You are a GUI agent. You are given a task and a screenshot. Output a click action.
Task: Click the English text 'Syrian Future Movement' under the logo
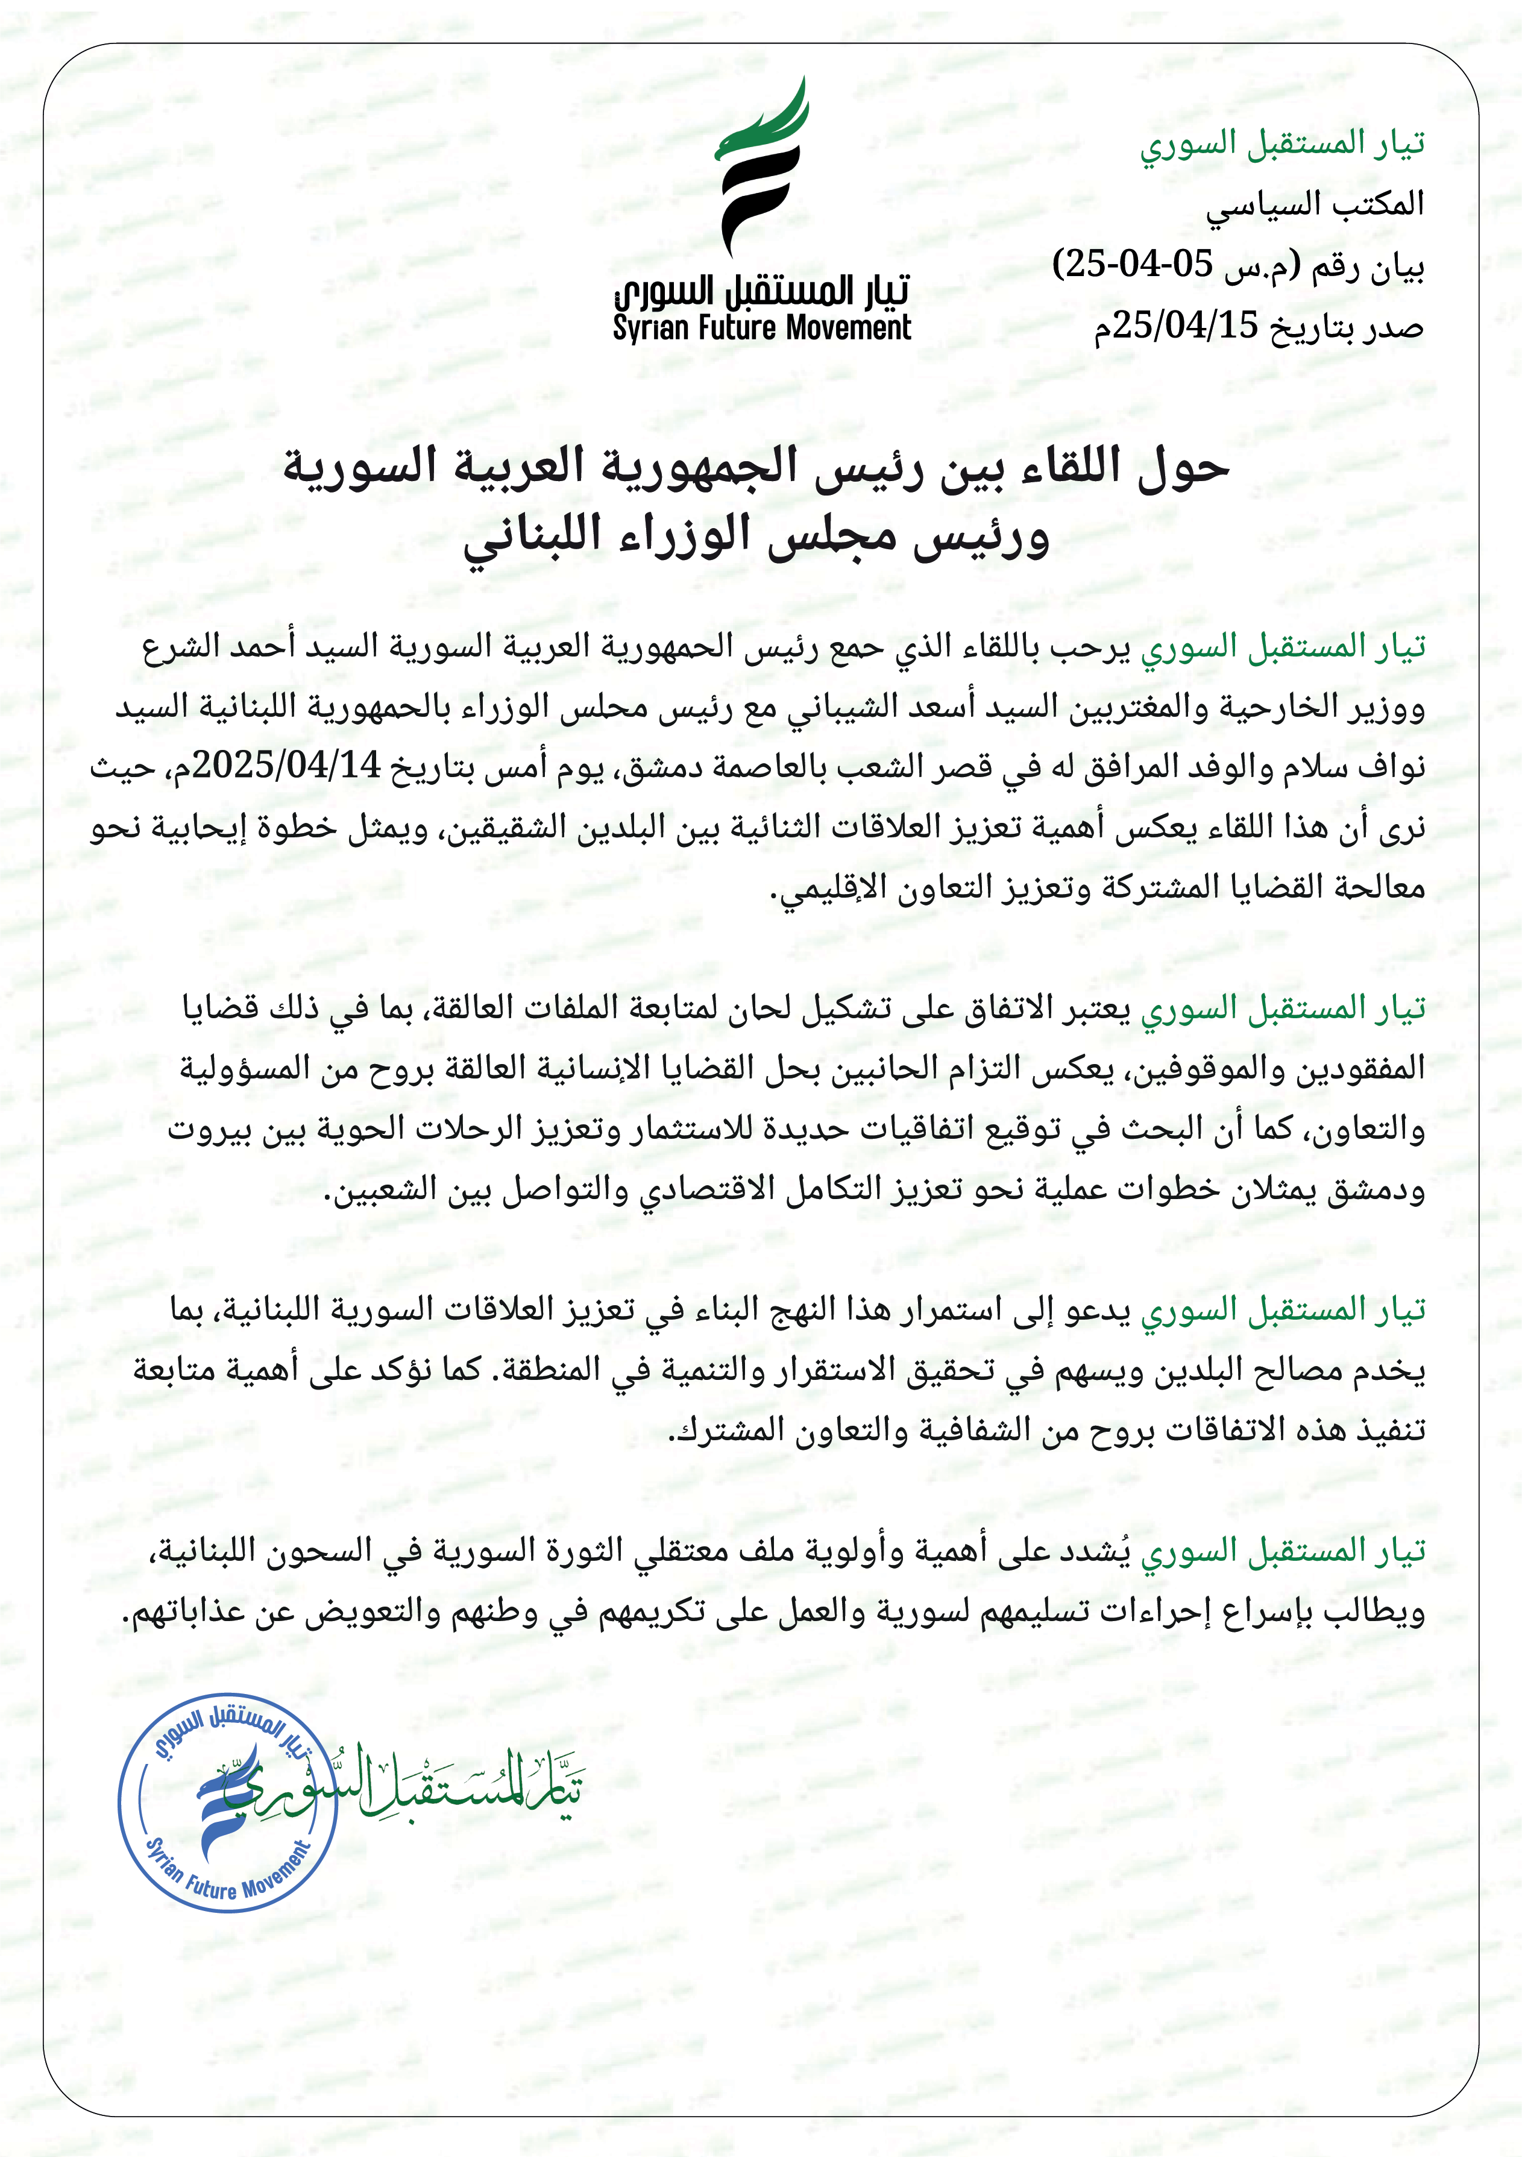(x=761, y=329)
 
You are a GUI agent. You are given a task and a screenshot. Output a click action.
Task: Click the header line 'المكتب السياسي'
(x=1315, y=204)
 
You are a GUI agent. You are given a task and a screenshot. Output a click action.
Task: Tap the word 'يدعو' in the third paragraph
(x=1097, y=1309)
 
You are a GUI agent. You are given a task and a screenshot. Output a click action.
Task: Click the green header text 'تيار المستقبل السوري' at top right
(x=1283, y=143)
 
